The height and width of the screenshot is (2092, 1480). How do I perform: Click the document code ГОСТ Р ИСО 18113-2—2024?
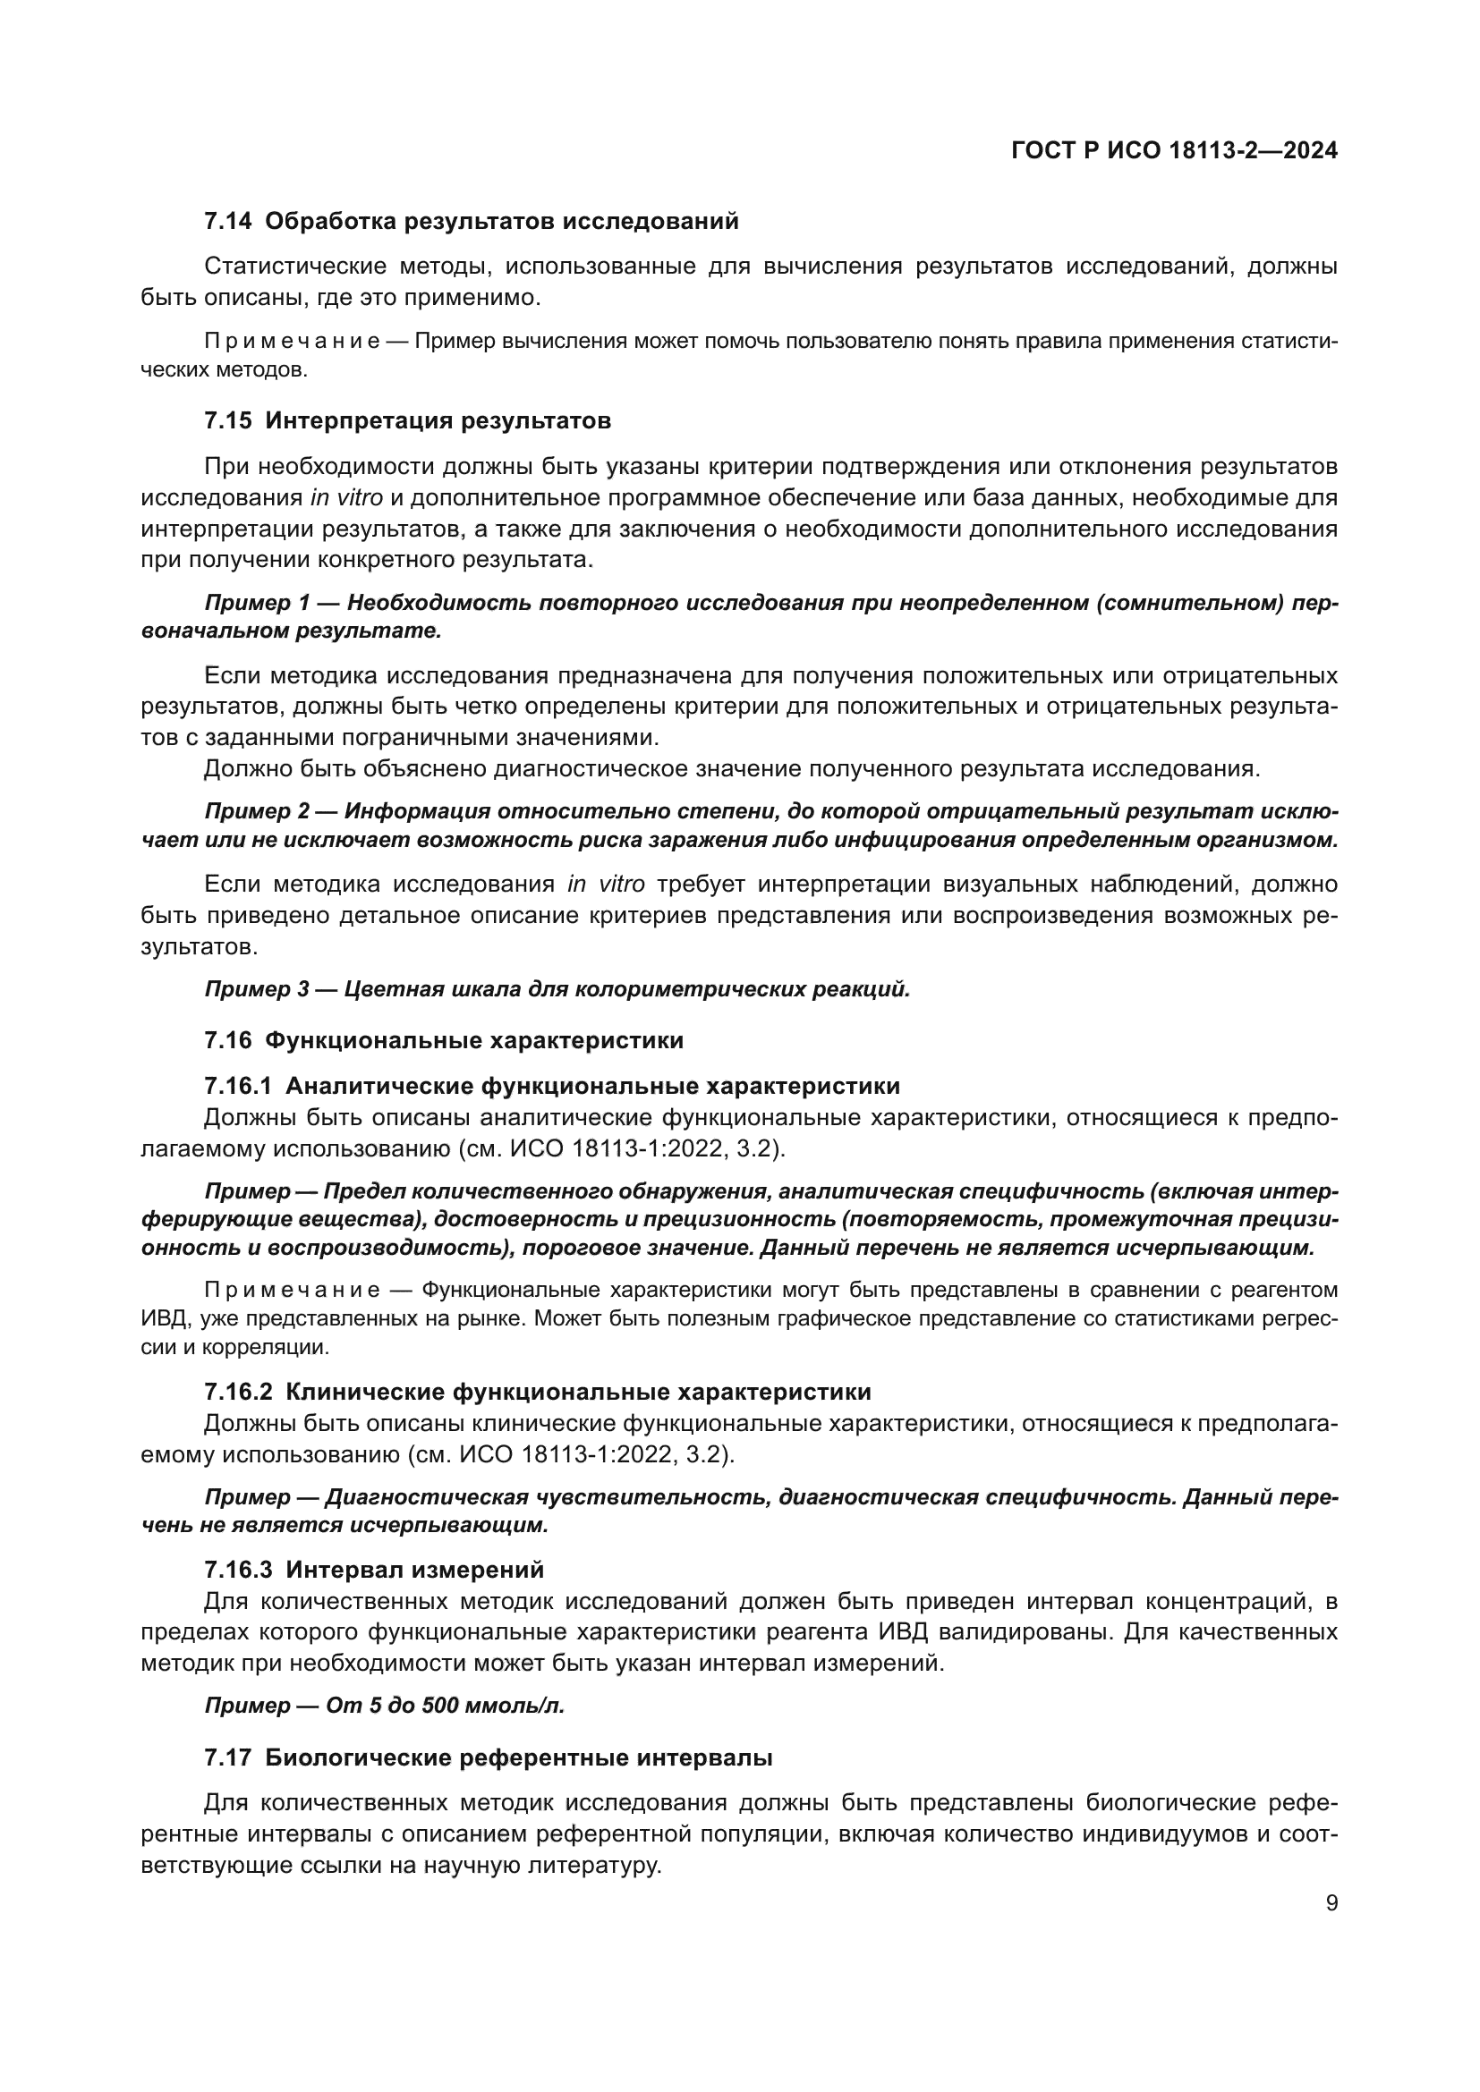[x=1174, y=151]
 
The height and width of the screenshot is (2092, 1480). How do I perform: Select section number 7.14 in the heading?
[x=228, y=222]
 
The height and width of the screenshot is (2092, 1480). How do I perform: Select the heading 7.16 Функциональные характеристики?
[x=444, y=1040]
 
